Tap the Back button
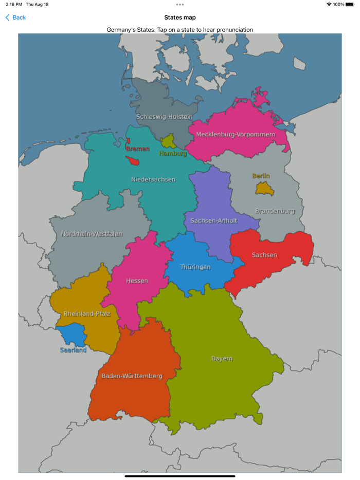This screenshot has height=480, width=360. point(15,17)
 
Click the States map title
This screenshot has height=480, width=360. point(179,17)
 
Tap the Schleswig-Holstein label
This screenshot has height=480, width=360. point(164,117)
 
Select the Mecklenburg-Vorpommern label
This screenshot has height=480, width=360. point(236,135)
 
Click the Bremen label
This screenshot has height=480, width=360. point(137,149)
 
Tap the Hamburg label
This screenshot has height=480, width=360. point(173,153)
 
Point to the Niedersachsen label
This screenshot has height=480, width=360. point(153,180)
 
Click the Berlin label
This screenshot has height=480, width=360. point(261,176)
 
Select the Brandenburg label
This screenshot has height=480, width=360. point(275,211)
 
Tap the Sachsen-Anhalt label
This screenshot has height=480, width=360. point(214,221)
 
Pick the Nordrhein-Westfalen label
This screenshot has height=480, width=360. point(92,234)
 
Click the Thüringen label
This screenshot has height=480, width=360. point(195,267)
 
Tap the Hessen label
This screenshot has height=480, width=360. point(137,281)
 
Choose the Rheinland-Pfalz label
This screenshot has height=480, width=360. point(87,314)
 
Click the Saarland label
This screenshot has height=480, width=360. point(74,350)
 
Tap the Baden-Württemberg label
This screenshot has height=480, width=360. point(132,376)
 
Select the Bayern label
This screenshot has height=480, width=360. point(222,359)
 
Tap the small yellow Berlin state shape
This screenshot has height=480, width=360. point(262,189)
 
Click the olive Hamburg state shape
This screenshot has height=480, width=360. point(168,141)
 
